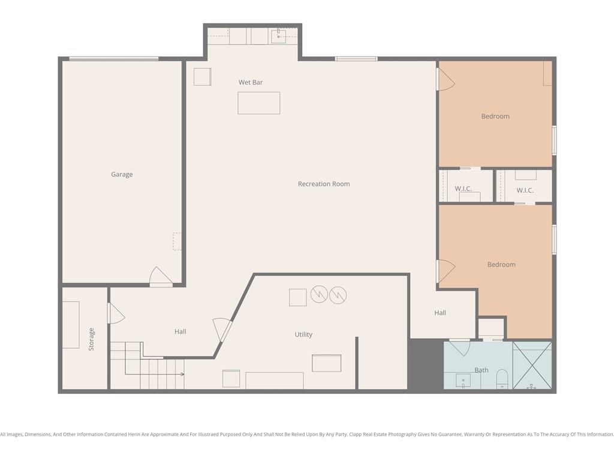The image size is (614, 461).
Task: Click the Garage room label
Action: pyautogui.click(x=122, y=175)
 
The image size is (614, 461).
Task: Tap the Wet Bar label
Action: pyautogui.click(x=251, y=82)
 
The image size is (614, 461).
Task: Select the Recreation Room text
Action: pyautogui.click(x=324, y=184)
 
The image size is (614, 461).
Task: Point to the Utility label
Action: pyautogui.click(x=303, y=334)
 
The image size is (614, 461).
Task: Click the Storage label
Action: pyautogui.click(x=91, y=339)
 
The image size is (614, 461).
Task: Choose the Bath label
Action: pyautogui.click(x=481, y=370)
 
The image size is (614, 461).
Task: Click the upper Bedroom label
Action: pyautogui.click(x=495, y=116)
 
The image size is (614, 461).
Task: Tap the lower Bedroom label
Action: pyautogui.click(x=501, y=265)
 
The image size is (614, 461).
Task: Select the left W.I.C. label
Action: pyautogui.click(x=463, y=189)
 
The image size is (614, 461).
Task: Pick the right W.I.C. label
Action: pyautogui.click(x=525, y=190)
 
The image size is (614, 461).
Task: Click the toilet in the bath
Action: pyautogui.click(x=502, y=379)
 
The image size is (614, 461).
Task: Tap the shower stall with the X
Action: pyautogui.click(x=532, y=366)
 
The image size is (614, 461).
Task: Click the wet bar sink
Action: pyautogui.click(x=278, y=36)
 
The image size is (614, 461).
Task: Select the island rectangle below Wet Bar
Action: pyautogui.click(x=259, y=103)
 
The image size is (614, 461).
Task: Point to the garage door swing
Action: pyautogui.click(x=161, y=276)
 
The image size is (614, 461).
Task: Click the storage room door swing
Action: pyautogui.click(x=116, y=313)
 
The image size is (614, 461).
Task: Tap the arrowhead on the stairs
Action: pyautogui.click(x=182, y=375)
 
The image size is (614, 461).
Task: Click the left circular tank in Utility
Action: pyautogui.click(x=319, y=294)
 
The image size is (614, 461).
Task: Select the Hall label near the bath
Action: pyautogui.click(x=440, y=313)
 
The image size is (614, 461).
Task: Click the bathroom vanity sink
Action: pyautogui.click(x=463, y=381)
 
